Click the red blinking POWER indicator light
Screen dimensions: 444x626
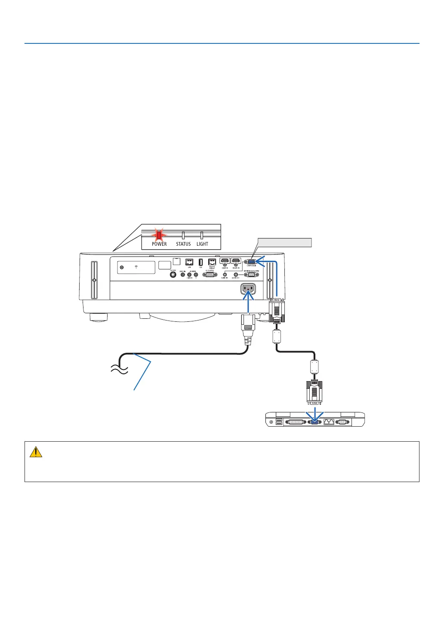[x=159, y=235]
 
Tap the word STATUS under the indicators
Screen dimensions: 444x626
[x=183, y=244]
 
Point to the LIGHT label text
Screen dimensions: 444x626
[x=202, y=244]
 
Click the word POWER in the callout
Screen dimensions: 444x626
[x=159, y=244]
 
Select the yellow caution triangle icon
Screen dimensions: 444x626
[x=36, y=452]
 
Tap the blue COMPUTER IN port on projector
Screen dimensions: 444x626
[x=252, y=261]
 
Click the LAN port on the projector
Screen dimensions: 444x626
[x=189, y=262]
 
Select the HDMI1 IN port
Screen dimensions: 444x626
[x=225, y=261]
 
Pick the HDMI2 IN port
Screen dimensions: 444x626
[x=236, y=261]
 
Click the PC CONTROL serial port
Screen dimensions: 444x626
[x=210, y=275]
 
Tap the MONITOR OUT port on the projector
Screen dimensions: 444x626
[x=252, y=275]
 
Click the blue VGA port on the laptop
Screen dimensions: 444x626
[x=314, y=422]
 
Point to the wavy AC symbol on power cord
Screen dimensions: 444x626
[x=119, y=369]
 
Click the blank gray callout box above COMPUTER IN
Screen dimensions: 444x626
[x=284, y=242]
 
